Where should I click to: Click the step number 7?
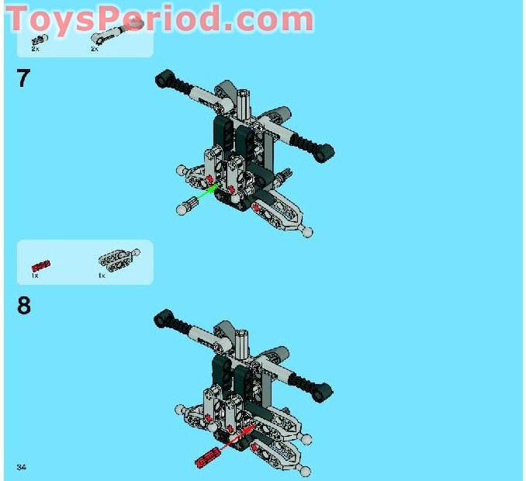23,78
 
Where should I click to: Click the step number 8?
24,306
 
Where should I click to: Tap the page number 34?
22,465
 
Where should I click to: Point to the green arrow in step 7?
203,194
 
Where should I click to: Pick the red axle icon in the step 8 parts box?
40,265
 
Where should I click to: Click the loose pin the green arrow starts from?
186,206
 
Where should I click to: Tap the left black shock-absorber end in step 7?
164,76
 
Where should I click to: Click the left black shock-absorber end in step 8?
164,315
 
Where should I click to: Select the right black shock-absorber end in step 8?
325,389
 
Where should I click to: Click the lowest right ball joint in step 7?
309,231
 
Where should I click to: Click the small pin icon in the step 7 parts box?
37,40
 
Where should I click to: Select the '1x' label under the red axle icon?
35,275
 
